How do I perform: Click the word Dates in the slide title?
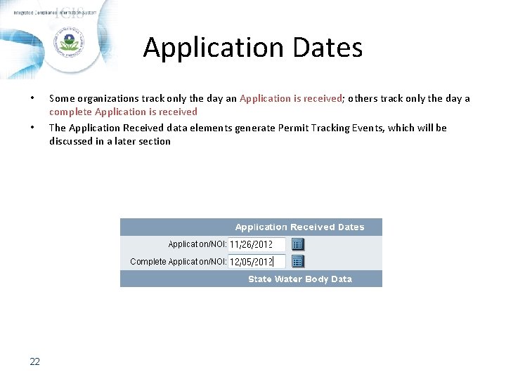coord(325,48)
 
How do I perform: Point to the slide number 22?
coord(34,362)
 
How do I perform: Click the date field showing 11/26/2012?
coord(257,244)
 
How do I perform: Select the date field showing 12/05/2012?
coord(257,262)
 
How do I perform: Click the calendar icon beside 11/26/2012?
coord(297,244)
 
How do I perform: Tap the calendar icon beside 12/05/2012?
coord(297,262)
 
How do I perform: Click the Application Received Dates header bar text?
coord(299,227)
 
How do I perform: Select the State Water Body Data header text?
coord(299,279)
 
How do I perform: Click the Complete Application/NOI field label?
coord(178,262)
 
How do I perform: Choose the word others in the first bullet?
coord(363,98)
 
